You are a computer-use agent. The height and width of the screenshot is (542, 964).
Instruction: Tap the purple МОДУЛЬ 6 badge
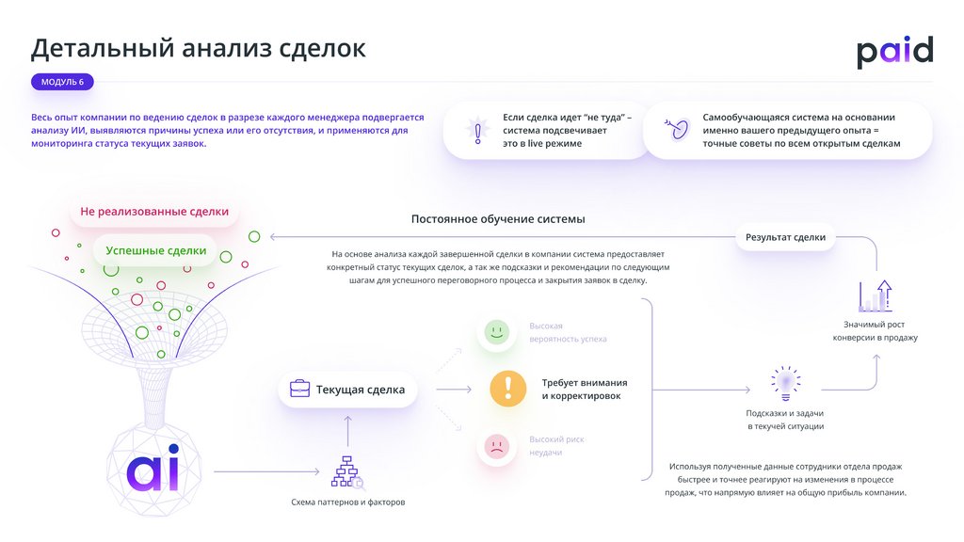point(62,82)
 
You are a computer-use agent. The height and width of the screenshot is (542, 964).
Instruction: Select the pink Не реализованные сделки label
point(154,212)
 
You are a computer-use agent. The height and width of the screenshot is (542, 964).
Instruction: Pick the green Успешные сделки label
point(155,250)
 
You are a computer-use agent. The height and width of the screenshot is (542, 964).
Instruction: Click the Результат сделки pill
point(785,237)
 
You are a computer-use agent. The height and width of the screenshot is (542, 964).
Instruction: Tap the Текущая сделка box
point(347,389)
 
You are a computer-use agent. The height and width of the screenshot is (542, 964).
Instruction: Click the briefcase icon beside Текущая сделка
point(299,389)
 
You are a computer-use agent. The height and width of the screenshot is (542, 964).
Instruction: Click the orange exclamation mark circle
point(508,388)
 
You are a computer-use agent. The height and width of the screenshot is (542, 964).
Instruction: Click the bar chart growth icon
point(875,296)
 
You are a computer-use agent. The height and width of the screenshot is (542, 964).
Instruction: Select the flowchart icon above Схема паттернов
point(347,471)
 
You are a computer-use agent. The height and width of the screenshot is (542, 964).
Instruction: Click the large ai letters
point(153,470)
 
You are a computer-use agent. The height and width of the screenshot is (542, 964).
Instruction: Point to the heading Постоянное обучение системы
point(498,218)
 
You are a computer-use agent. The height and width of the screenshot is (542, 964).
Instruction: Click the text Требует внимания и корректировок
point(584,390)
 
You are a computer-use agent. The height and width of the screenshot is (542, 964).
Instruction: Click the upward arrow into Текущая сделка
point(347,431)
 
